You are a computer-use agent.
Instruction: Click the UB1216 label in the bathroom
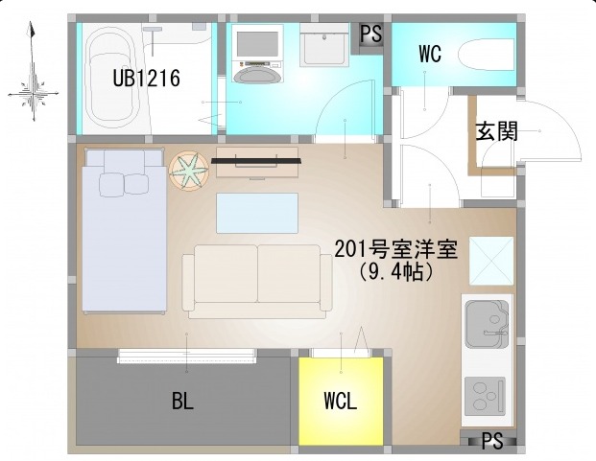146,79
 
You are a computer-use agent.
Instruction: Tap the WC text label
430,54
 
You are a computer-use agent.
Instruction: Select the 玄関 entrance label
497,131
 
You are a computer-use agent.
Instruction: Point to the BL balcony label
182,401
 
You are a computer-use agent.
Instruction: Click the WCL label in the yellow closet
341,401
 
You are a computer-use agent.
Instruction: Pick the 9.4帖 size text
395,271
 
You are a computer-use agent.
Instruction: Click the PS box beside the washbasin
371,35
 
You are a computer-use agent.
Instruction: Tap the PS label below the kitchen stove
492,441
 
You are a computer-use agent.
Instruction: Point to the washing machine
258,54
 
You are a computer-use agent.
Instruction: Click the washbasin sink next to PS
324,45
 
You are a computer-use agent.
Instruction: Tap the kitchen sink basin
487,324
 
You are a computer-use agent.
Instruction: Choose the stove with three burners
485,396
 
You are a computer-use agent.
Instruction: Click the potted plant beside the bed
189,171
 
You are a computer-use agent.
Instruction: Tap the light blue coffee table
257,213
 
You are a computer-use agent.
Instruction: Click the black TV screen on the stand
256,161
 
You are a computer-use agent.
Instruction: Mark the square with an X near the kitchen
491,261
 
